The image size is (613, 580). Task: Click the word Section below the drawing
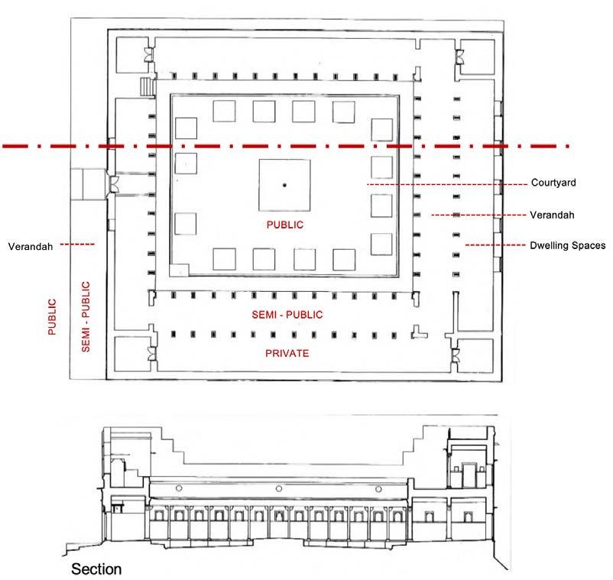pyautogui.click(x=96, y=569)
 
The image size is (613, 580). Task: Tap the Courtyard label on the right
pyautogui.click(x=553, y=183)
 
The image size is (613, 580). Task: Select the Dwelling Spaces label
pyautogui.click(x=567, y=245)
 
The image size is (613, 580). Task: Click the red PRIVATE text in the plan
pyautogui.click(x=287, y=353)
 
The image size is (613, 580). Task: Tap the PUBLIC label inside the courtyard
pyautogui.click(x=284, y=225)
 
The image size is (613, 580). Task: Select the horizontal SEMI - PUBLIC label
pyautogui.click(x=287, y=315)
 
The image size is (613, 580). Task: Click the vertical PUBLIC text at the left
pyautogui.click(x=52, y=317)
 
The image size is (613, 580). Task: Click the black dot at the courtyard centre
pyautogui.click(x=284, y=185)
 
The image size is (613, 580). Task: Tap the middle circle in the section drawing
pyautogui.click(x=277, y=488)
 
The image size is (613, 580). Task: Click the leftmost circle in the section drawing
pyautogui.click(x=179, y=488)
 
